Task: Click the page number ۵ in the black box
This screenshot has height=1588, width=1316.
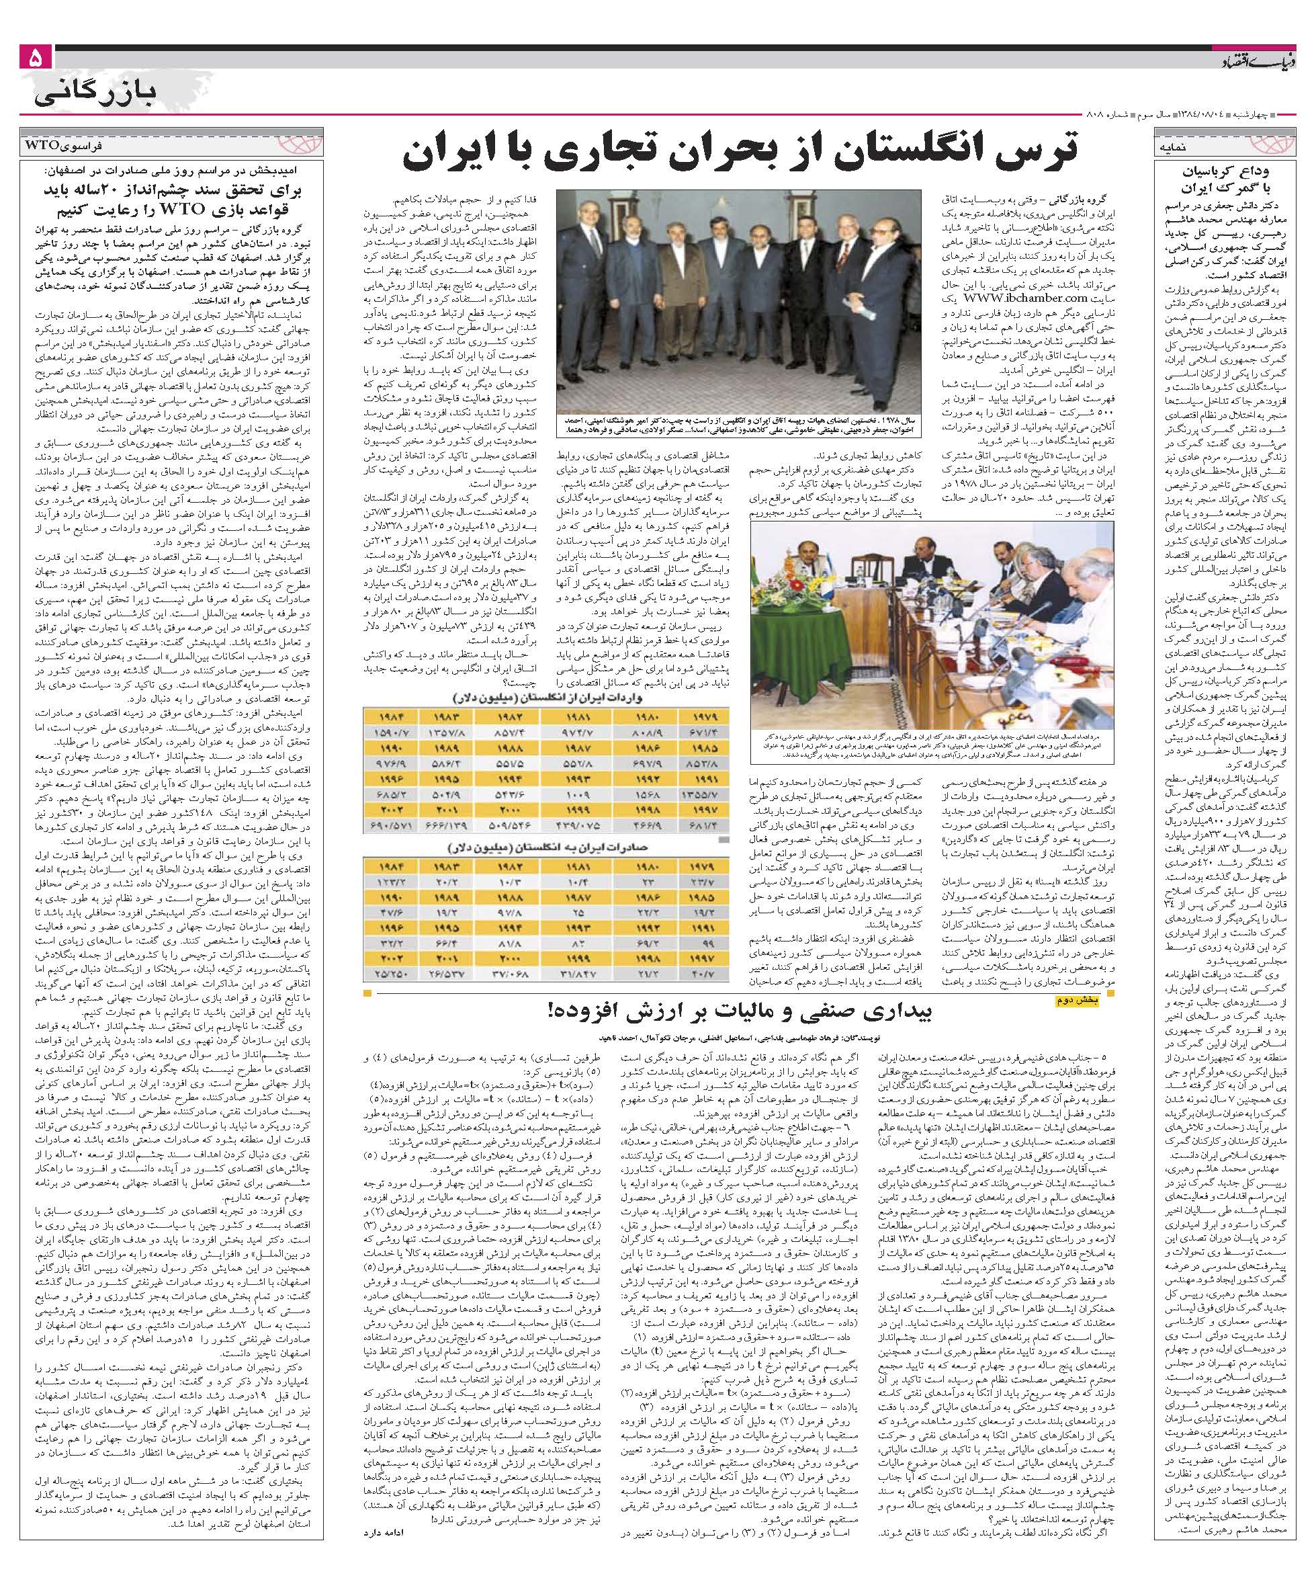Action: (36, 58)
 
